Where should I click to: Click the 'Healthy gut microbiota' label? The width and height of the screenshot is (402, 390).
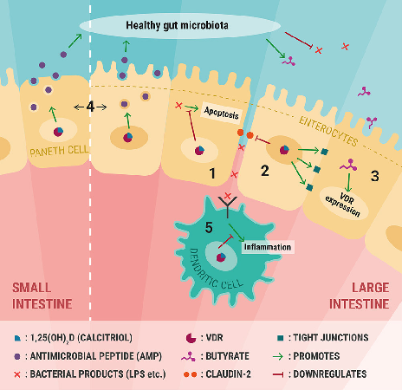(x=177, y=24)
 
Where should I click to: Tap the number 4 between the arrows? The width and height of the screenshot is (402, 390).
(x=91, y=107)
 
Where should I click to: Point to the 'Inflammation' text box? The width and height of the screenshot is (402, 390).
(x=268, y=247)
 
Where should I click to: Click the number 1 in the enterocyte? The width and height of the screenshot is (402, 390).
(x=212, y=174)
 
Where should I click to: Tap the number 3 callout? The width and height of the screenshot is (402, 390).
(x=375, y=176)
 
